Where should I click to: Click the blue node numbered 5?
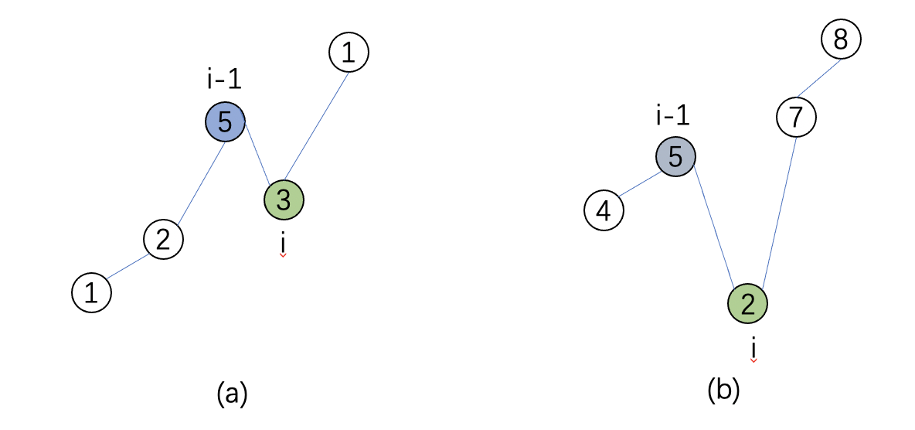pos(225,121)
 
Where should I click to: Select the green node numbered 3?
pos(284,200)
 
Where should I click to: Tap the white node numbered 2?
pos(163,240)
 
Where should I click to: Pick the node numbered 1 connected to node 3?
pos(349,53)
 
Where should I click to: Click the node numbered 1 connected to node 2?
pos(91,293)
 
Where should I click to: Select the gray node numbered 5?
pos(675,157)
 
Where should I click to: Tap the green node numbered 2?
pos(747,304)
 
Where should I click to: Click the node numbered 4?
pos(604,210)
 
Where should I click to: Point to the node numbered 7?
pos(796,118)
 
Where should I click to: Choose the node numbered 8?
pos(841,39)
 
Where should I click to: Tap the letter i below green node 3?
pos(283,242)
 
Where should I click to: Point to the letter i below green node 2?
pos(753,347)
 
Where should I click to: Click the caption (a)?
pos(232,394)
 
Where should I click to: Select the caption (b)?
pos(724,390)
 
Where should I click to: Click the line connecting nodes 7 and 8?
pos(818,79)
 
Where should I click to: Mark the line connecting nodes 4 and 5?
pos(640,184)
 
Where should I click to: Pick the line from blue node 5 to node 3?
pos(258,154)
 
